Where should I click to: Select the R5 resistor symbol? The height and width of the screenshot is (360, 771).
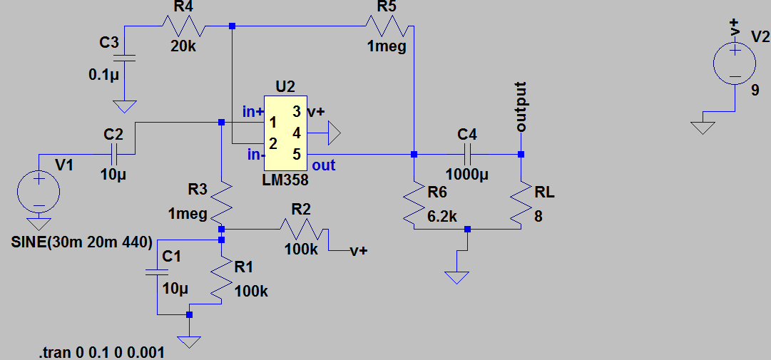coord(386,27)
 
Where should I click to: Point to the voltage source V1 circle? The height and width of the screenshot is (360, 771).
coord(39,190)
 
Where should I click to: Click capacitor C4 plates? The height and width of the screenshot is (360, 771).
coord(467,154)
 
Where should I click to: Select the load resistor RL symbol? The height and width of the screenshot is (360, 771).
coord(521,202)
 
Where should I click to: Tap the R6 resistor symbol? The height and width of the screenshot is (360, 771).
coord(413,202)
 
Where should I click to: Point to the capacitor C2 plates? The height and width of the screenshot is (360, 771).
coord(113,154)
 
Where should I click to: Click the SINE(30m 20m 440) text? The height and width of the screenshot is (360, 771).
coord(81,242)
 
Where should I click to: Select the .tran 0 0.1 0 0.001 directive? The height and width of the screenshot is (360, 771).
coord(102,352)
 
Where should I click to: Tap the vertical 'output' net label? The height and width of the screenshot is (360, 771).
coord(521,107)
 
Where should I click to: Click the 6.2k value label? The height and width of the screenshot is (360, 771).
coord(443,216)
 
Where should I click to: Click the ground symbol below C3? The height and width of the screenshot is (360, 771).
coord(125,107)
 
